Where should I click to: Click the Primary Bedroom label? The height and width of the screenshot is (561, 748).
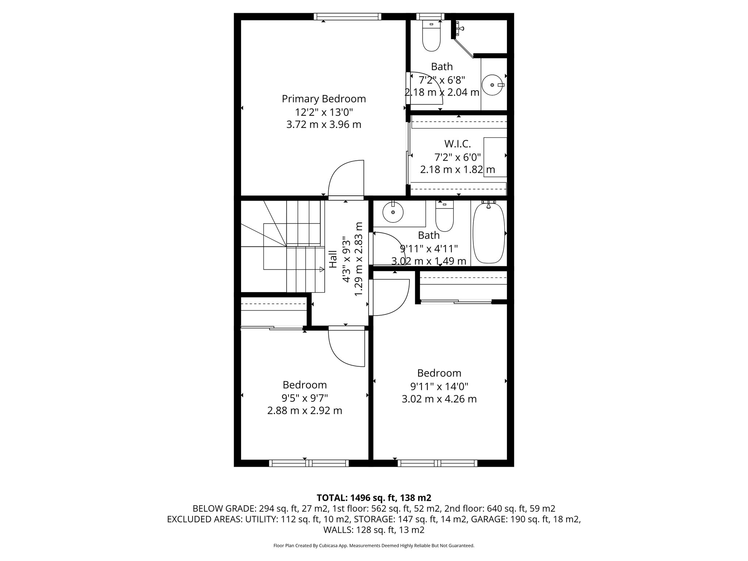(324, 99)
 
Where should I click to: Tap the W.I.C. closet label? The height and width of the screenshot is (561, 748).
(457, 144)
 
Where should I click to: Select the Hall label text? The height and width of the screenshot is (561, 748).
(333, 259)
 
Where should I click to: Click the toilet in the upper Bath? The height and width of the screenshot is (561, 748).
(431, 37)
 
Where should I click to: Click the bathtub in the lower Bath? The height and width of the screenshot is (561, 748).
(489, 233)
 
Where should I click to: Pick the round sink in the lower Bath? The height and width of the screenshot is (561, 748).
(393, 212)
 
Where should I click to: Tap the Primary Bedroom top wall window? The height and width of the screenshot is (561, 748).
(347, 16)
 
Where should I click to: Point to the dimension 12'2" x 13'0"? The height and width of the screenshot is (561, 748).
(324, 112)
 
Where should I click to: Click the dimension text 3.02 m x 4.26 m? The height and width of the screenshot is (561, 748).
(439, 399)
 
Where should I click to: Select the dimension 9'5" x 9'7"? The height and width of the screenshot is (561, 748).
(305, 398)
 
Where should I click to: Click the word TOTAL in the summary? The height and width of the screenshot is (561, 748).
(332, 498)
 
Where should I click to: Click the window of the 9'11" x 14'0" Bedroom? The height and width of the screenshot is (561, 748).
(438, 463)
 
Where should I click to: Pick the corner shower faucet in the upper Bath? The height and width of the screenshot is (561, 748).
(460, 28)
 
